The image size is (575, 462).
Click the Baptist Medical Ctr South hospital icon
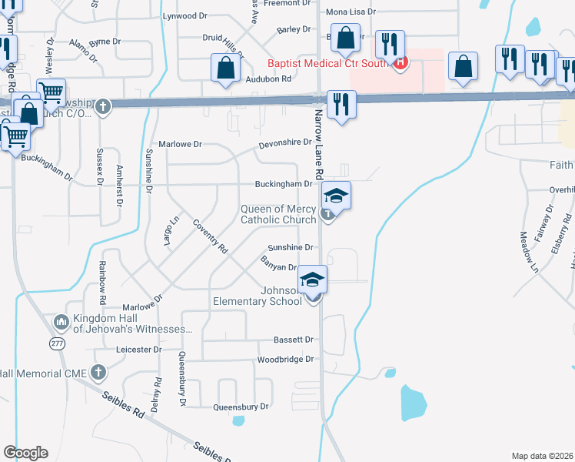[x=399, y=63]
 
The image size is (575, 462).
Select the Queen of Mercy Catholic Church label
[x=278, y=214]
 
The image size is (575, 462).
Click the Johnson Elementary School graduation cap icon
[x=313, y=279]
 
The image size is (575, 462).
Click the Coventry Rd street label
[x=211, y=237]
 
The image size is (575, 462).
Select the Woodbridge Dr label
[x=286, y=360]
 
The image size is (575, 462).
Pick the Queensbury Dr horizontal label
[x=241, y=406]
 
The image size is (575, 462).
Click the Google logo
[x=25, y=453]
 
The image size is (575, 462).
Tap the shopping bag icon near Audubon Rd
[x=224, y=69]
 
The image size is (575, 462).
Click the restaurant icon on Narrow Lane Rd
[x=341, y=103]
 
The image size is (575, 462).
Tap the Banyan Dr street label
[x=281, y=267]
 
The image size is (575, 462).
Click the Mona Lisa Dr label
[x=351, y=12]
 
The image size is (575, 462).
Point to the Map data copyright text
[x=543, y=456]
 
